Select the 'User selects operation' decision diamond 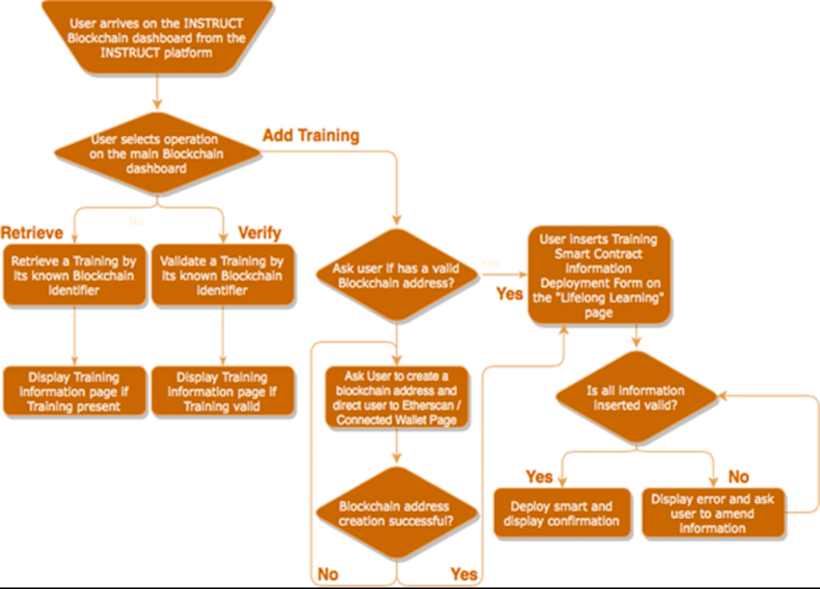[x=156, y=154]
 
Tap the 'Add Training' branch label [x=311, y=137]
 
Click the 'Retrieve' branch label [x=32, y=232]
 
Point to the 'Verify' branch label [x=260, y=232]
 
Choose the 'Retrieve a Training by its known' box [x=74, y=276]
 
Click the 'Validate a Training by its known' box [x=222, y=276]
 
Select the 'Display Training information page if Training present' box [x=74, y=392]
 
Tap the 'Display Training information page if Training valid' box [x=222, y=392]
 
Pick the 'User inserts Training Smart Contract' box [x=598, y=276]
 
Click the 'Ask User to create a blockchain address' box [x=396, y=398]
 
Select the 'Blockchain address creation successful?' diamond [x=396, y=514]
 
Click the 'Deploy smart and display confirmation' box [x=561, y=514]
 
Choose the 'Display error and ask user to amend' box [x=712, y=514]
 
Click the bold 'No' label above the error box [x=739, y=477]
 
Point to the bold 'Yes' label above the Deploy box [x=540, y=477]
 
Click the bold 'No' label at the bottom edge [x=328, y=575]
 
